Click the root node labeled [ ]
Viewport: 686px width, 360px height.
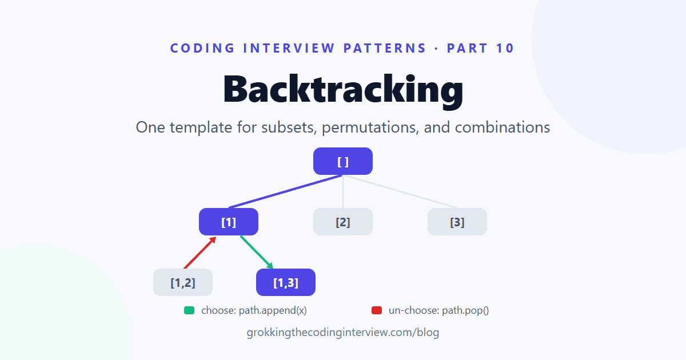point(342,161)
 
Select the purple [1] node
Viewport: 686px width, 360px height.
point(229,222)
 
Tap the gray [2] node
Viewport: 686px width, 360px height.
point(342,222)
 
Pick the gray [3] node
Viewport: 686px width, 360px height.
point(457,222)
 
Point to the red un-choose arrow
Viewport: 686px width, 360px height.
point(200,253)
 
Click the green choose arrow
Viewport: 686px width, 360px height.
point(257,253)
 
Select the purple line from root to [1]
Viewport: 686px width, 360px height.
point(285,191)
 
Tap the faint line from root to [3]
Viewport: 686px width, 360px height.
point(400,191)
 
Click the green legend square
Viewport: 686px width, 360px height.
point(189,310)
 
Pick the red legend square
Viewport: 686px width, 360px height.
point(377,310)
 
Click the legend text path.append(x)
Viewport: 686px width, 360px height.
point(273,310)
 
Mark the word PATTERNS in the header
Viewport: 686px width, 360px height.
point(385,48)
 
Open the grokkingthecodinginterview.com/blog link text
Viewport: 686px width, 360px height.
point(343,333)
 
